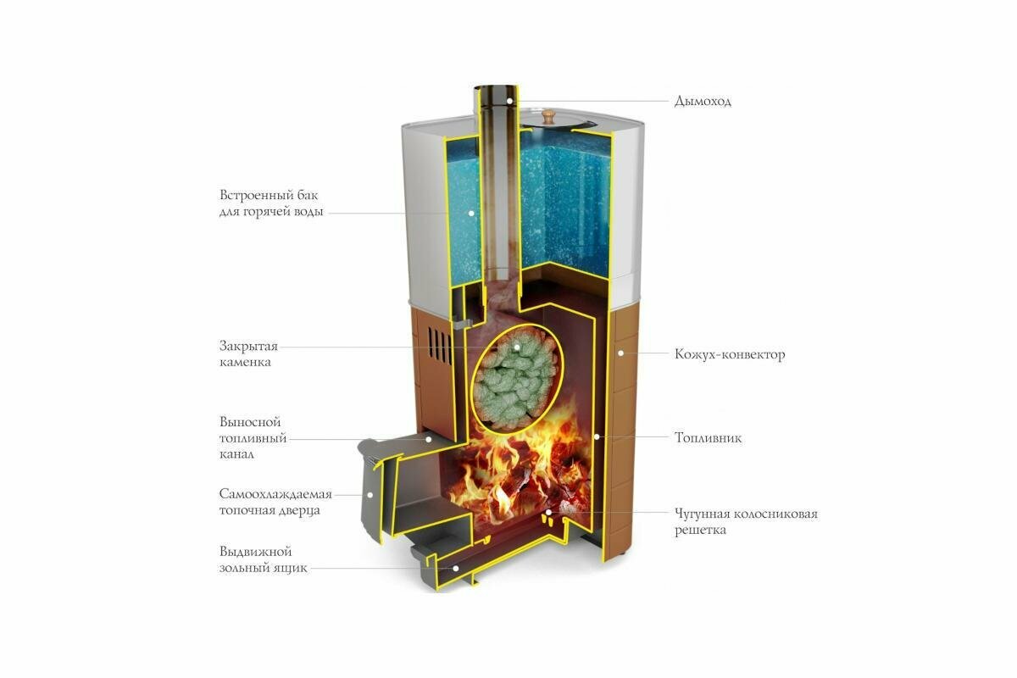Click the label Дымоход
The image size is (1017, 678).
click(x=703, y=102)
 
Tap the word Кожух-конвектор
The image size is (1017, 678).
click(x=730, y=354)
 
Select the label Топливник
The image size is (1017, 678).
click(x=709, y=438)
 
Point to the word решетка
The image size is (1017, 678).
click(x=701, y=531)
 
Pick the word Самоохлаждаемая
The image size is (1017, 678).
click(x=275, y=493)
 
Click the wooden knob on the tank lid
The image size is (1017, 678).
click(x=549, y=113)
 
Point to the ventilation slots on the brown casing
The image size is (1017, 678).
click(x=437, y=346)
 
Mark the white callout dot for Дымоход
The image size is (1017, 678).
click(x=509, y=101)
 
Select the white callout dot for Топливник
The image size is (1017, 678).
click(x=597, y=437)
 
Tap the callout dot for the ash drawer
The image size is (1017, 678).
click(x=456, y=568)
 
